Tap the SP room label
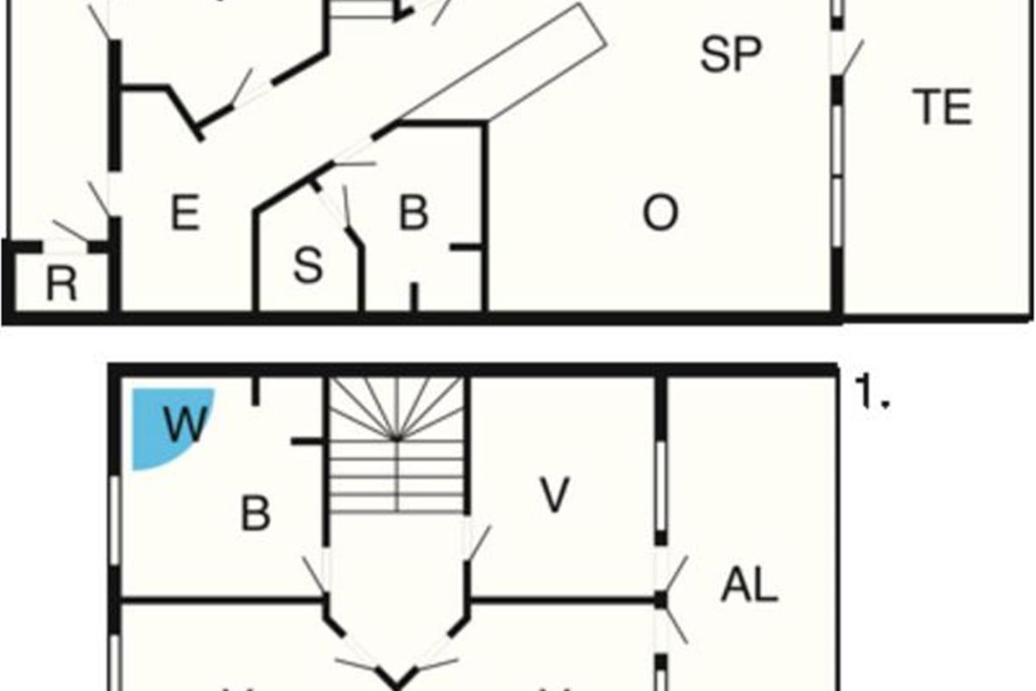(x=730, y=56)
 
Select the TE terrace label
(x=943, y=108)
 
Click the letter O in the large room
(x=660, y=213)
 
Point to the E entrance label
(x=185, y=213)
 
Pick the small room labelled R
(x=61, y=284)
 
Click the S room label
(x=307, y=268)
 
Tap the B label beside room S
(x=414, y=213)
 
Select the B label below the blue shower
(x=256, y=515)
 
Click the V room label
(x=555, y=495)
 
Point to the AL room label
(x=749, y=587)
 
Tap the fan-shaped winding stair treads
(x=397, y=410)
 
